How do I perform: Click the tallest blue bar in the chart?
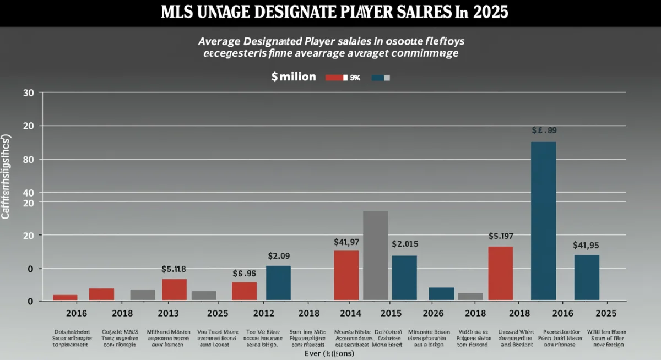[543, 221]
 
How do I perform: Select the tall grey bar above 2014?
[375, 255]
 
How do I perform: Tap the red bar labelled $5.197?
[500, 273]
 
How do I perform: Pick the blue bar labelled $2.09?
[278, 283]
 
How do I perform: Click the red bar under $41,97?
[346, 275]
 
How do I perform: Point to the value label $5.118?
[174, 269]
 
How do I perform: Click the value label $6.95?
[245, 273]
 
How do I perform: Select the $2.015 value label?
[405, 244]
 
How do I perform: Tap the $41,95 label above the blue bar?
[587, 245]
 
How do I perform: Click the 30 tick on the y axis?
[28, 93]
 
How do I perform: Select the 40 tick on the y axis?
[28, 193]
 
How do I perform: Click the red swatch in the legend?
[334, 78]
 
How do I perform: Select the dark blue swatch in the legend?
[378, 78]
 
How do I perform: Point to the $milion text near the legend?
[294, 77]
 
